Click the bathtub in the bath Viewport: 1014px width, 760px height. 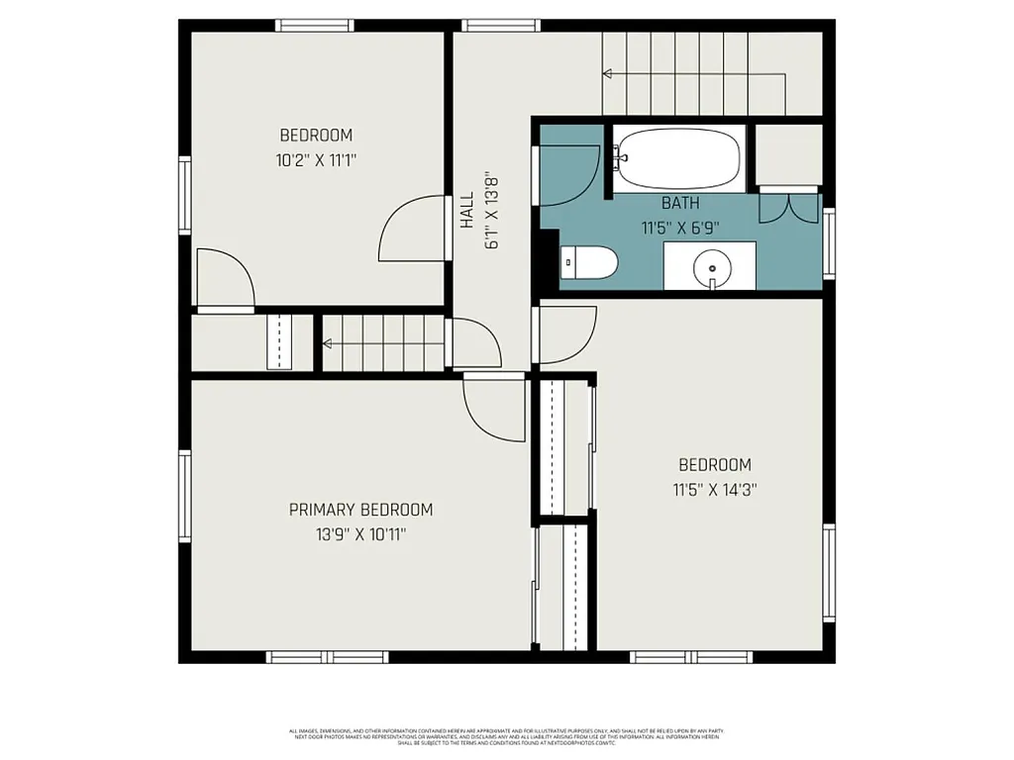coord(679,158)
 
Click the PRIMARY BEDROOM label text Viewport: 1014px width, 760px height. coord(360,510)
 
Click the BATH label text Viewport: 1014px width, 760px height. coord(680,203)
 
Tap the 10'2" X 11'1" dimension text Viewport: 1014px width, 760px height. coord(315,159)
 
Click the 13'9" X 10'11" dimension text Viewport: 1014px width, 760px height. coord(360,534)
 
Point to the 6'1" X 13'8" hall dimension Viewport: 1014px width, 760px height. coord(489,211)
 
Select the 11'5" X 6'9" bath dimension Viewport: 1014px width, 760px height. coord(680,227)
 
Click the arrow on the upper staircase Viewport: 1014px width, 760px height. coord(607,73)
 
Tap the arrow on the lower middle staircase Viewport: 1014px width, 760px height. coord(328,344)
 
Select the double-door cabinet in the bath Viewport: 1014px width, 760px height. coord(788,207)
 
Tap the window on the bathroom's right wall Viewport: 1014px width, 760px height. coord(829,243)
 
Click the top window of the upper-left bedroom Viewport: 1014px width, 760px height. coord(315,26)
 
